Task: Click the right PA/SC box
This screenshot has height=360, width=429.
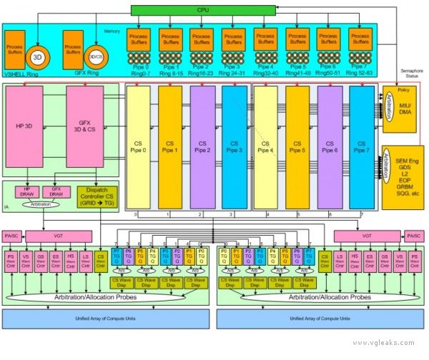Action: [x=413, y=236]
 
